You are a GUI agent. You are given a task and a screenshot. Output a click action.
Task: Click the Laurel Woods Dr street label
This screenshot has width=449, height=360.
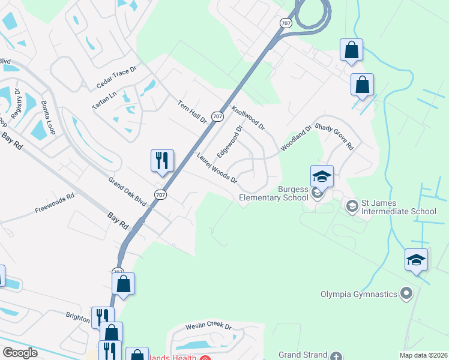point(217,169)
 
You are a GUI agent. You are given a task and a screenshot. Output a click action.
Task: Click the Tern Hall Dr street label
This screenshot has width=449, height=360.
point(192,112)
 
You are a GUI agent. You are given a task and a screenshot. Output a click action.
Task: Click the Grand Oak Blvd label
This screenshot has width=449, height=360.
point(127,191)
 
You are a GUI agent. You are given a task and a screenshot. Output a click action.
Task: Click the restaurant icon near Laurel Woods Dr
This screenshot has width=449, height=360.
point(162,160)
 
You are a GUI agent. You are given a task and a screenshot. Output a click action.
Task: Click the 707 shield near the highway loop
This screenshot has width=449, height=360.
point(286,22)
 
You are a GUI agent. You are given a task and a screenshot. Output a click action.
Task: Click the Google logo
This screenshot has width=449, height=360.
point(20,353)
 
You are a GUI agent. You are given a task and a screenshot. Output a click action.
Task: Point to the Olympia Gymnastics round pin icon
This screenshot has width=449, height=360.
point(408,294)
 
